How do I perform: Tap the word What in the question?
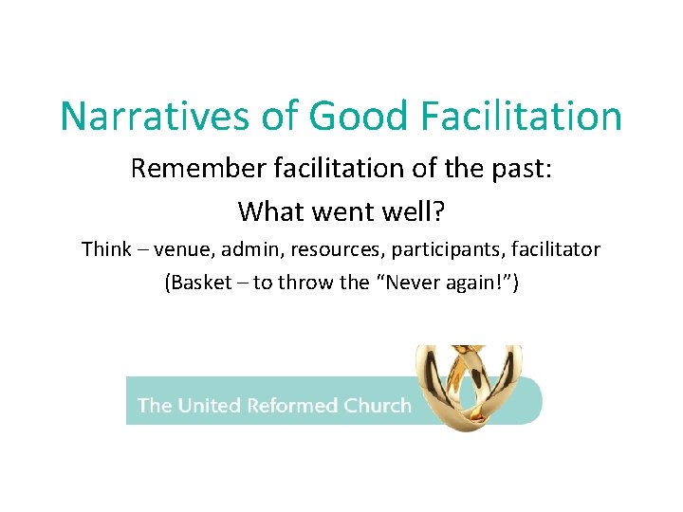click(x=269, y=210)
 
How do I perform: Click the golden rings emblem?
click(x=469, y=386)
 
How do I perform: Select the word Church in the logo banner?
click(x=378, y=406)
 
